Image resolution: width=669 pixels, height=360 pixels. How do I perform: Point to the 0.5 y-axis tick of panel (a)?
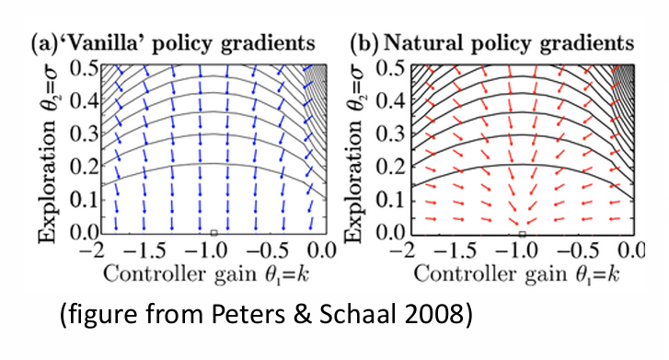pyautogui.click(x=88, y=67)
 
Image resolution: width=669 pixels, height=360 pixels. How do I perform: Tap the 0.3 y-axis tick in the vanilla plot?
pyautogui.click(x=88, y=134)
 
